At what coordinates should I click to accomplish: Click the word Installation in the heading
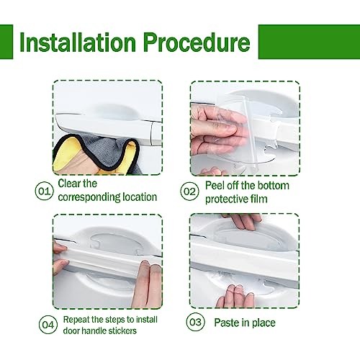coord(78,42)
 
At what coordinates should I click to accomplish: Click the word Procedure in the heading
coord(197,42)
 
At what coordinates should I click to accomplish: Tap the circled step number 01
coord(44,192)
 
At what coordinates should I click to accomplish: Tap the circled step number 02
coord(189,192)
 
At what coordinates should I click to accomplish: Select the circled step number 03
coord(196,322)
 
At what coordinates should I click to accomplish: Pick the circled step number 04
coord(48,325)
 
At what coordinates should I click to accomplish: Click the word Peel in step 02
coord(215,186)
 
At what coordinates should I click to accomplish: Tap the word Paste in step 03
coord(227,323)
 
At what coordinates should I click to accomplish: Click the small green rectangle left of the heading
coord(6,42)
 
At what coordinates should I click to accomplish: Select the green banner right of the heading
coord(309,42)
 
